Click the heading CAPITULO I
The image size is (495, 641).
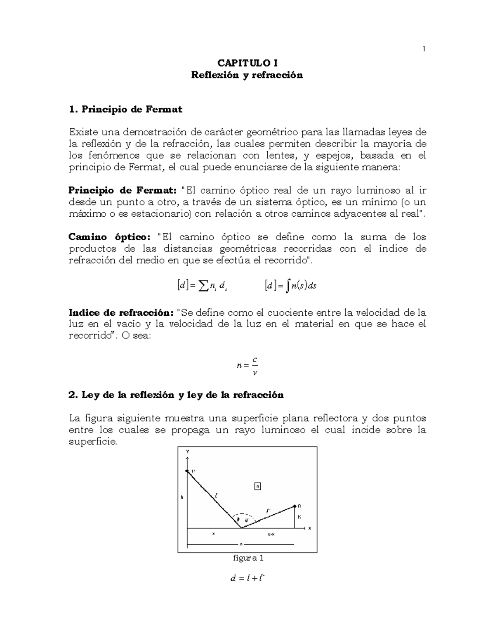click(247, 63)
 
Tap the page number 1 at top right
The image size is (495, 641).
click(424, 50)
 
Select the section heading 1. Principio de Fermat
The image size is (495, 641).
click(126, 109)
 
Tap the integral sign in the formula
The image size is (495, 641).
click(288, 286)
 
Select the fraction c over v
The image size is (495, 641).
click(255, 366)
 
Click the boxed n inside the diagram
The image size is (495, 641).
click(257, 487)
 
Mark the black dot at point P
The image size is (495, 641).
click(187, 471)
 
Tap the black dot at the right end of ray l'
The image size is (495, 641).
click(295, 506)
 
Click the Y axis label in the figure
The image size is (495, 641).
click(188, 452)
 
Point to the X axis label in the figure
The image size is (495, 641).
click(310, 528)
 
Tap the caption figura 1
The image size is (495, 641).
click(248, 558)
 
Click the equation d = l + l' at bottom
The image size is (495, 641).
click(247, 578)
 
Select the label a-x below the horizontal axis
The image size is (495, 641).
click(271, 534)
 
